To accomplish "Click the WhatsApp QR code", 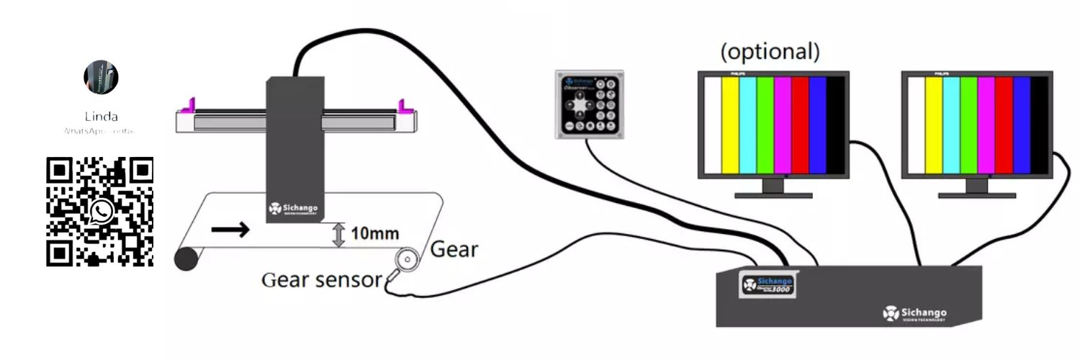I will pos(100,212).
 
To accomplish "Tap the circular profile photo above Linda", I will pos(101,78).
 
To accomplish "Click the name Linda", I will pos(101,117).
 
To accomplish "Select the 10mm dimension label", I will pos(374,234).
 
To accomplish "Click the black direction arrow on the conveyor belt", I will pos(231,230).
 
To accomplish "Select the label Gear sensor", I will pos(320,279).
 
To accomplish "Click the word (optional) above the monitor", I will pos(770,52).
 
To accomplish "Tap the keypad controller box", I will pos(590,104).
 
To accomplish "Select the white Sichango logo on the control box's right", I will pos(914,315).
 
